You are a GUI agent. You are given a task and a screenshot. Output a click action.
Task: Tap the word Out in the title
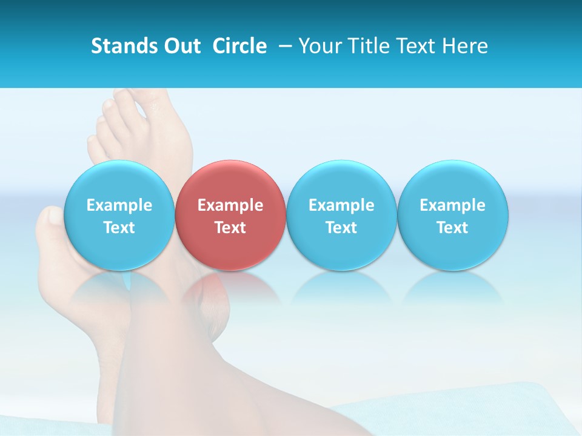181,46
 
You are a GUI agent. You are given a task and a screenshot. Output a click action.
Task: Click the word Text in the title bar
417,46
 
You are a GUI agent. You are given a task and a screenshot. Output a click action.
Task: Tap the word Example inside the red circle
230,205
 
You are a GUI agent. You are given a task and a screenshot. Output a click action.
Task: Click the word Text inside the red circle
230,228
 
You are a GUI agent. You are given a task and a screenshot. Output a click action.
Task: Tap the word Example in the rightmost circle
452,205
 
